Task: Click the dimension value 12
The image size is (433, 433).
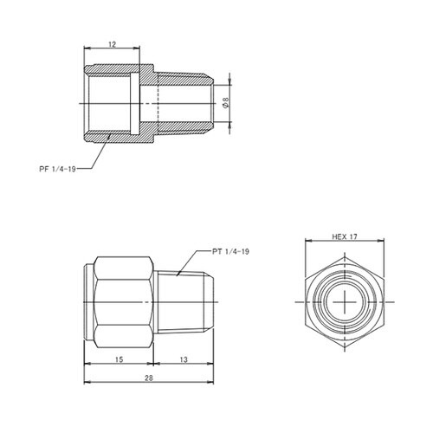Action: tap(112, 44)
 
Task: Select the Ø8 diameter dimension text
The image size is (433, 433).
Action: tap(226, 103)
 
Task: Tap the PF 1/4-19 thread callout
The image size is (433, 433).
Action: tap(57, 169)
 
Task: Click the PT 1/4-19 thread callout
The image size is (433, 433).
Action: tap(230, 251)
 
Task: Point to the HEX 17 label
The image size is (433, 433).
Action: tap(345, 237)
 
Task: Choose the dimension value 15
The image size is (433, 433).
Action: tap(119, 359)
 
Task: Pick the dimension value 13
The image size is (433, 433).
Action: tap(184, 359)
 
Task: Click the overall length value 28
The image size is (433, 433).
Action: tap(149, 378)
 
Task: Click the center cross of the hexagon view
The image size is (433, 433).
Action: tap(345, 302)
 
